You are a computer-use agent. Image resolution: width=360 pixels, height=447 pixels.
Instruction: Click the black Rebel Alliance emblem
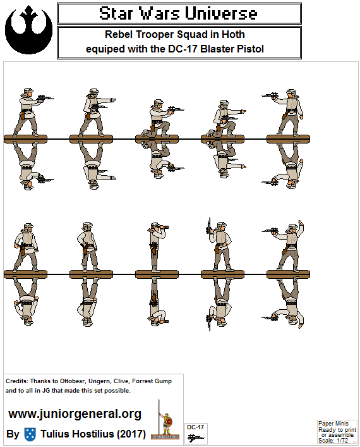click(x=28, y=30)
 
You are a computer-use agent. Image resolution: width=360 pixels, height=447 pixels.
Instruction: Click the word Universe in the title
click(x=221, y=13)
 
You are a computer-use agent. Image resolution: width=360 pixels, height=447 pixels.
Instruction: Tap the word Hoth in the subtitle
click(x=233, y=35)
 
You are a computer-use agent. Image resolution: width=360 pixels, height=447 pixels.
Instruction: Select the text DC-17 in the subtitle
click(x=183, y=49)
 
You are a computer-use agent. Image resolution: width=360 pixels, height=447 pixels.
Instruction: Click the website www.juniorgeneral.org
click(x=75, y=414)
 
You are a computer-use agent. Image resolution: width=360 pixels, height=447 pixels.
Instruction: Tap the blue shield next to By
click(x=30, y=434)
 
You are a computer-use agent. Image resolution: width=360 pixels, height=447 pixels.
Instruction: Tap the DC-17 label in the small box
click(x=195, y=427)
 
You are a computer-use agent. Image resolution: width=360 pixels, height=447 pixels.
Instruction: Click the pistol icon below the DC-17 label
click(x=196, y=438)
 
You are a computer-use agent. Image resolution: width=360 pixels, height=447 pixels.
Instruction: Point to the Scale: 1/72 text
click(x=333, y=441)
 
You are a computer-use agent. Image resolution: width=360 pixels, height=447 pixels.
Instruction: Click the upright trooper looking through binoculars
click(x=157, y=247)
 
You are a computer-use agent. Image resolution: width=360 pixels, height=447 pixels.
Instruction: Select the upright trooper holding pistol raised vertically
click(x=220, y=245)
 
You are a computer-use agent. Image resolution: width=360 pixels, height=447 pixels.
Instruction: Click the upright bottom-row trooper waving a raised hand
click(x=287, y=246)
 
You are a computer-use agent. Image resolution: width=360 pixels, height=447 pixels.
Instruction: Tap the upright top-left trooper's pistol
click(x=45, y=99)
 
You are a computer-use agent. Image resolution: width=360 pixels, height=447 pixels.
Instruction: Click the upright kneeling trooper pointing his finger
click(x=227, y=118)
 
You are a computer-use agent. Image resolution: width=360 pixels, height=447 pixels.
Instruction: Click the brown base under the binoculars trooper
click(x=157, y=274)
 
